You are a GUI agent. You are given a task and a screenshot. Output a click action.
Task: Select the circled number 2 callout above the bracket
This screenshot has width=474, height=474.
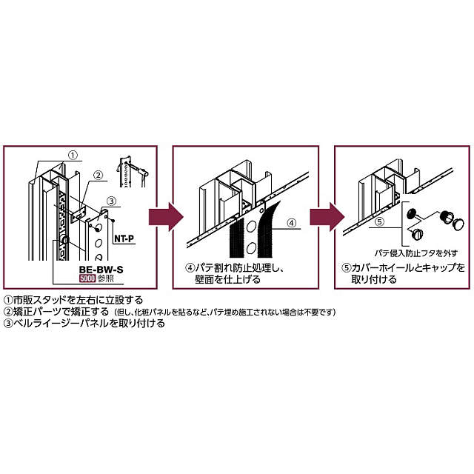[x=96, y=176]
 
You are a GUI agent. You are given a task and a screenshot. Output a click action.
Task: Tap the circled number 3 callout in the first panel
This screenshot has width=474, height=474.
[x=110, y=200]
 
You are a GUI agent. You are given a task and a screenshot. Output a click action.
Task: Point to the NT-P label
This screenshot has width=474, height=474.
[x=124, y=239]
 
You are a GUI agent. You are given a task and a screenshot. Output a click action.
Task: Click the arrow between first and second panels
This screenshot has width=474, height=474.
[x=164, y=218]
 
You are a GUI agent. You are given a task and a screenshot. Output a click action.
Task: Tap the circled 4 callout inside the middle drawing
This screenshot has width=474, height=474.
[x=291, y=221]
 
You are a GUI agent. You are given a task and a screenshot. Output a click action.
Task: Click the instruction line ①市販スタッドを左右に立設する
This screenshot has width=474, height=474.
[x=73, y=300]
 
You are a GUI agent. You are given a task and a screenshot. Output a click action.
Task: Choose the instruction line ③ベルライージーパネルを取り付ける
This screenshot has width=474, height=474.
[x=84, y=324]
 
